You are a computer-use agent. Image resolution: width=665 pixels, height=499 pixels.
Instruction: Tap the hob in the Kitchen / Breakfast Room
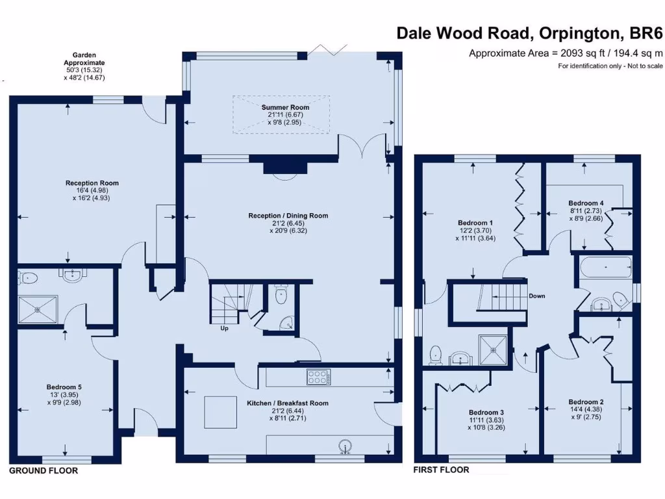(318, 377)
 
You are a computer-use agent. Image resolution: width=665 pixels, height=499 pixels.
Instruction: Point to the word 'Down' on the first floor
(536, 296)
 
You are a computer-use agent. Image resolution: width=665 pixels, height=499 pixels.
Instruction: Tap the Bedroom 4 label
(586, 203)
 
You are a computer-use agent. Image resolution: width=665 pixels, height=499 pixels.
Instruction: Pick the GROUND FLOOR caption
(44, 470)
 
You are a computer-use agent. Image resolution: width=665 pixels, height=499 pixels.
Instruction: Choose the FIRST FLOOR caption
(441, 469)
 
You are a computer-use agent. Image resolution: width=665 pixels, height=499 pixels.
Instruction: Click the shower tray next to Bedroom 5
(38, 309)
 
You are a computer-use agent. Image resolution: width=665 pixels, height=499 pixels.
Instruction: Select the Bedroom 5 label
(64, 387)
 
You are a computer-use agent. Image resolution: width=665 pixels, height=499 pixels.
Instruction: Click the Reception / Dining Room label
(288, 216)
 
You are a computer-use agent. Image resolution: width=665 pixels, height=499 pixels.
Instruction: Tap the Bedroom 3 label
(486, 413)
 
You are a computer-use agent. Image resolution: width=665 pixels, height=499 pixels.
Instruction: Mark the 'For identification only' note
(610, 66)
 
